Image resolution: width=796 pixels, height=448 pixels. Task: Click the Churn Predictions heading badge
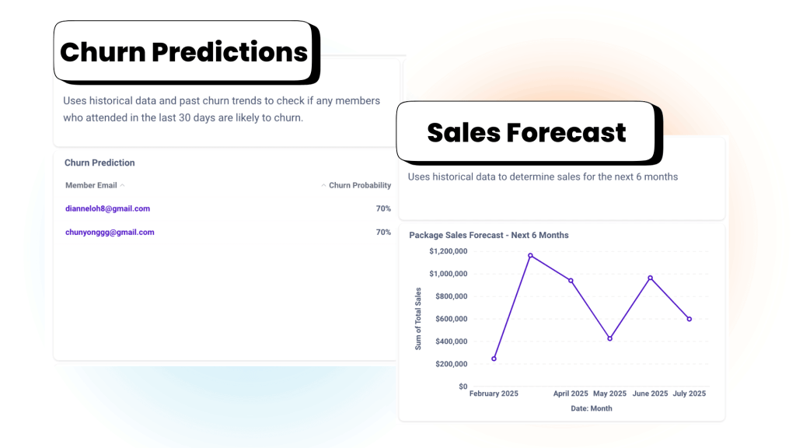tap(184, 51)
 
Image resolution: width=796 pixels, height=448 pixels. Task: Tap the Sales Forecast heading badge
tap(526, 132)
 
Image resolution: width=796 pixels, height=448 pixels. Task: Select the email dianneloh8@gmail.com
tap(107, 208)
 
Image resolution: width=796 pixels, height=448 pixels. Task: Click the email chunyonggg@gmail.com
tap(110, 232)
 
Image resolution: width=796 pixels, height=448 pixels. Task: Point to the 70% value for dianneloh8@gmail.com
tap(383, 208)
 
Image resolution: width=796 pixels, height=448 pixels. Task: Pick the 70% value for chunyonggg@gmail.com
tap(383, 232)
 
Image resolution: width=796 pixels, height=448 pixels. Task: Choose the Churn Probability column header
tap(360, 185)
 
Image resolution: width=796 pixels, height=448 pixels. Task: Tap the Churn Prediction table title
tap(99, 163)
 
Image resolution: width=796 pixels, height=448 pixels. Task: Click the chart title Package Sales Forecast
tap(489, 235)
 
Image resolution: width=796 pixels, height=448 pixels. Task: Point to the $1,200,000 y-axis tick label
tap(448, 251)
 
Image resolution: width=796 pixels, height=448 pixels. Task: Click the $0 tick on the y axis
tap(463, 387)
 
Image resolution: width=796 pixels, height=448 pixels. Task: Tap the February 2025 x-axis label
tap(494, 394)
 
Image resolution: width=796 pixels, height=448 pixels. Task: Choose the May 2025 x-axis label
tap(609, 394)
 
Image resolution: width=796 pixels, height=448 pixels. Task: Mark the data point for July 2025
tap(690, 319)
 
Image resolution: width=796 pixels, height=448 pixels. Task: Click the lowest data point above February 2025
tap(494, 359)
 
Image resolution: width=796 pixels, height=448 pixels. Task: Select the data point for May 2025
tap(609, 338)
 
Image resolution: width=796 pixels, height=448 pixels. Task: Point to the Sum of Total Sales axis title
tap(418, 319)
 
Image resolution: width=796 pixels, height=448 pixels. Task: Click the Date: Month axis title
tap(592, 408)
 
